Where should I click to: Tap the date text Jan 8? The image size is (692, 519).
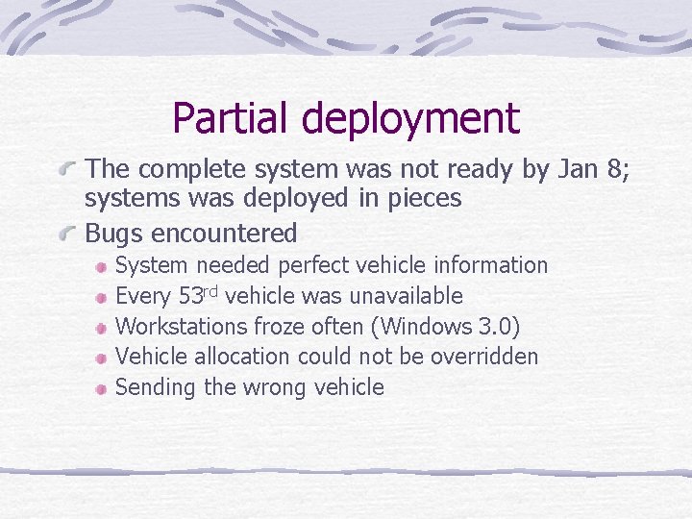point(589,169)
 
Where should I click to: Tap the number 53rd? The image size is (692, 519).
point(200,295)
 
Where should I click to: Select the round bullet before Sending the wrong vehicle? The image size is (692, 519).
point(101,388)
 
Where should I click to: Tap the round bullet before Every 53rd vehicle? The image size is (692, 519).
point(101,296)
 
